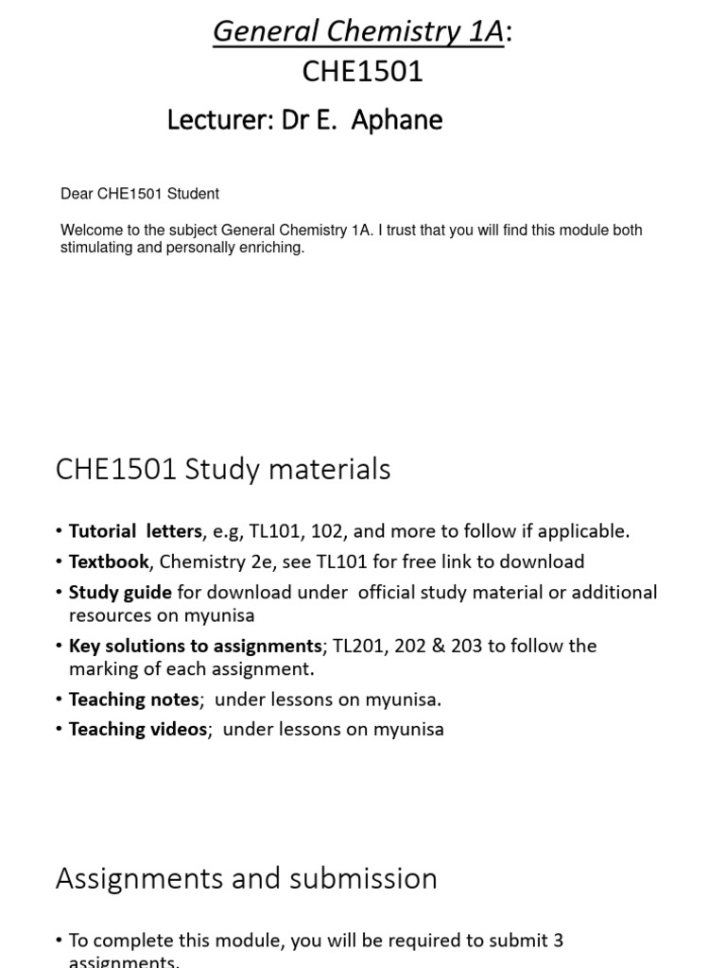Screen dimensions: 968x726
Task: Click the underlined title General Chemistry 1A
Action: (x=358, y=31)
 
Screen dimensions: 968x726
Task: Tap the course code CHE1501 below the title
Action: (x=363, y=72)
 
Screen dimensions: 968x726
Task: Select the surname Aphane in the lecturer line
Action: (x=398, y=120)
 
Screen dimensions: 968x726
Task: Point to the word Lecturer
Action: (x=218, y=120)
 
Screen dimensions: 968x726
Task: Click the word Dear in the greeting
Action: (x=76, y=194)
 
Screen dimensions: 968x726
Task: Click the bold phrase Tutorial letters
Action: (x=135, y=531)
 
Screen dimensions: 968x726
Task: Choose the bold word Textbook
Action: (x=109, y=562)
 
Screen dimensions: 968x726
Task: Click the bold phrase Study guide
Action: (x=120, y=593)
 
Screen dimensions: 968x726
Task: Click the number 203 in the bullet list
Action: (x=469, y=646)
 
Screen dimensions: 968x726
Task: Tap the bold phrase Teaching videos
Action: (x=137, y=729)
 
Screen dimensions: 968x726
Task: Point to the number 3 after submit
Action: (x=558, y=941)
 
